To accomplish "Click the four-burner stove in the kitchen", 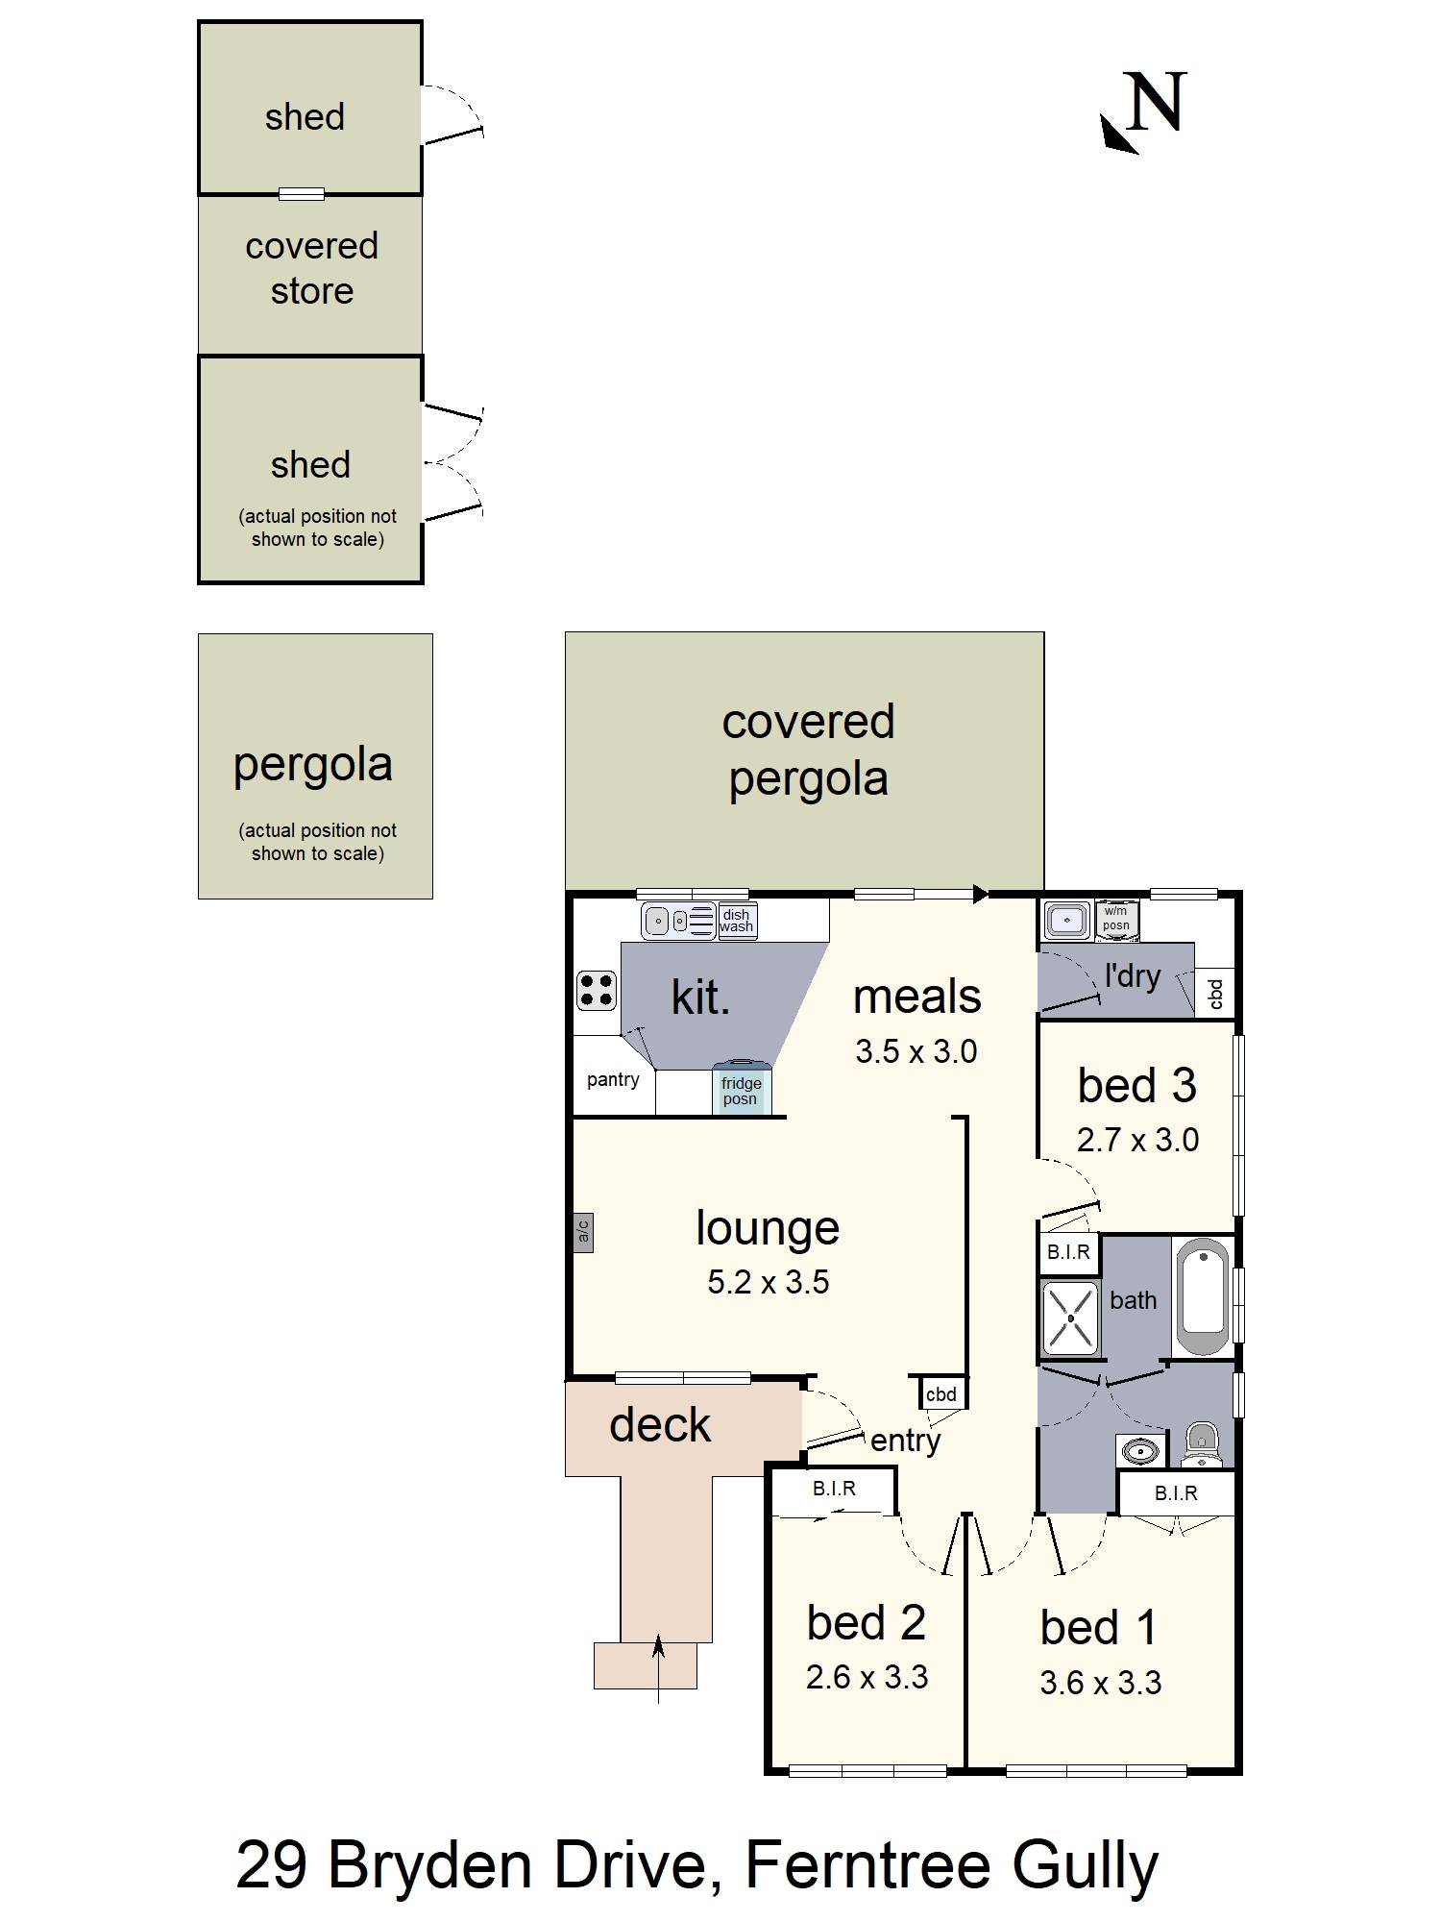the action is coord(596,990).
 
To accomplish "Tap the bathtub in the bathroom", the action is coord(1202,1297).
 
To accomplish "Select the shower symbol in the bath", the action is coord(1069,1318).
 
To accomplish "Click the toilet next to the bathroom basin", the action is coord(1201,1444).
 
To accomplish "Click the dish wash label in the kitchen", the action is coord(737,921).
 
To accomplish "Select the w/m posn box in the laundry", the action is coord(1116,919).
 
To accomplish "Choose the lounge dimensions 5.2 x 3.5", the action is coord(768,1282).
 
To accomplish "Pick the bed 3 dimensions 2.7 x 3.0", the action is coord(1137,1140).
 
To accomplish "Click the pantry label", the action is coord(613,1080).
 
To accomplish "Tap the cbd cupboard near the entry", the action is coord(940,1393).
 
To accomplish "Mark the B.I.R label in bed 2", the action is coord(834,1489).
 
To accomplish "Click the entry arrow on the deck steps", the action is coord(658,1669).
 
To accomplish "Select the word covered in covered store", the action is coord(311,246).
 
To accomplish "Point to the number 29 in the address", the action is coord(271,1865).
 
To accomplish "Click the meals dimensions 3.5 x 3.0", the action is coord(916,1051).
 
